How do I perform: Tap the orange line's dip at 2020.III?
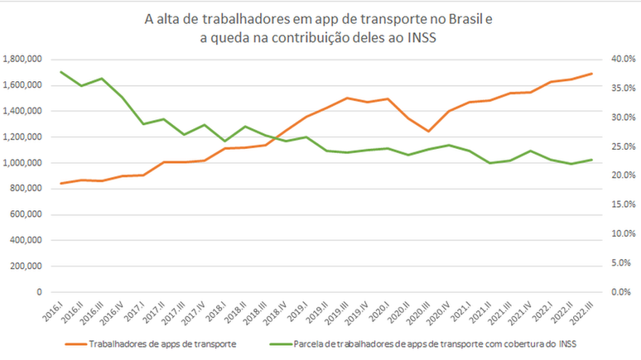(x=428, y=132)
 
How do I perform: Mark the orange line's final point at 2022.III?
(x=592, y=74)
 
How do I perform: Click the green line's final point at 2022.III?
(x=592, y=160)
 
